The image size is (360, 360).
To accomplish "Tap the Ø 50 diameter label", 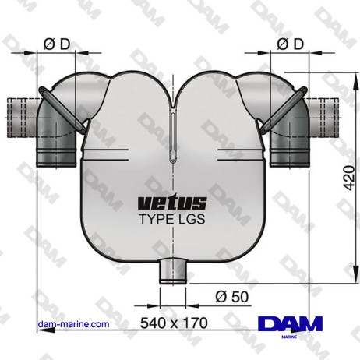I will (x=231, y=296).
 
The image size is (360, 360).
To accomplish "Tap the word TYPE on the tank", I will (x=154, y=220).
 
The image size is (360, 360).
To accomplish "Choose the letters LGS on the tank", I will (x=191, y=220).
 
